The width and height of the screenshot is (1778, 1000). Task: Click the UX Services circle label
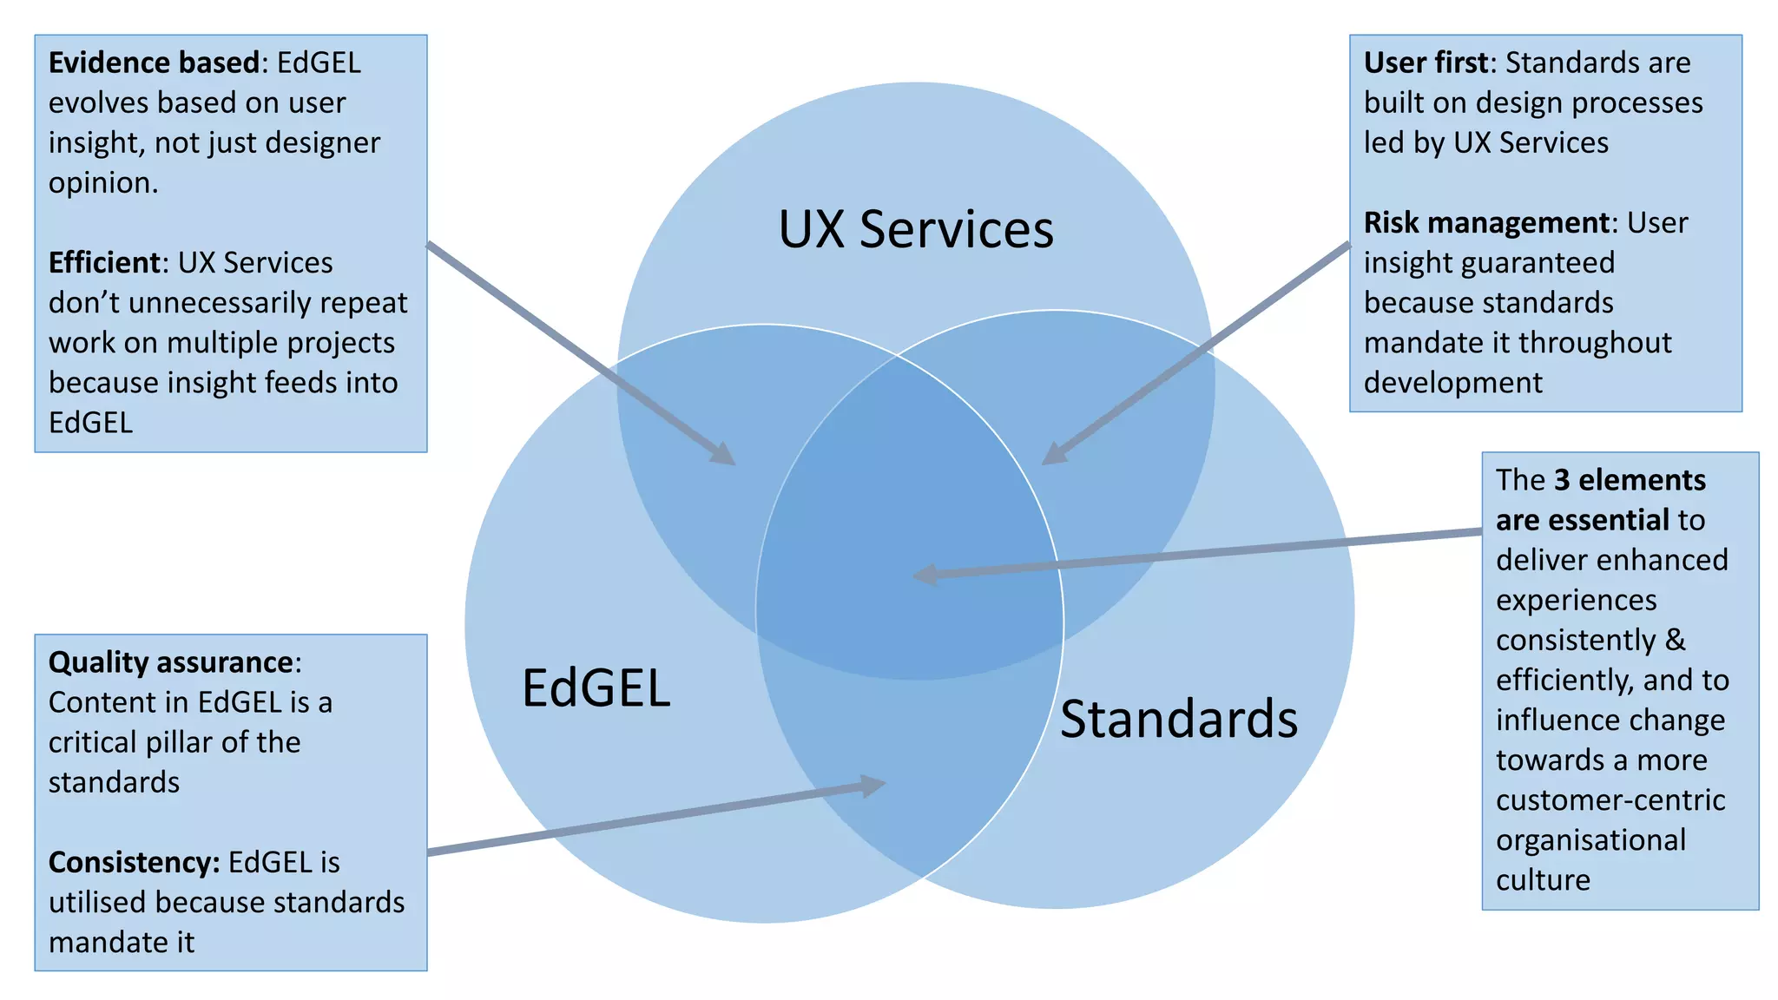click(916, 230)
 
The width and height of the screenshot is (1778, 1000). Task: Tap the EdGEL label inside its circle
click(596, 688)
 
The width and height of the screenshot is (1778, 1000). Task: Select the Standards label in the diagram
click(1178, 720)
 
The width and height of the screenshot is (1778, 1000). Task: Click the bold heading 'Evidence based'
click(154, 62)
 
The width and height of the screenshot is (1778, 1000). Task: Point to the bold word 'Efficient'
click(104, 262)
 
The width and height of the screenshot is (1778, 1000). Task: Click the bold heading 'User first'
click(1426, 62)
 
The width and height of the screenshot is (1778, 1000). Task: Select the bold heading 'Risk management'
click(1486, 222)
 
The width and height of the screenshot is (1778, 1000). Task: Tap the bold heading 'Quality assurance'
click(171, 662)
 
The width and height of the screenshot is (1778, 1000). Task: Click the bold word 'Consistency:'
click(135, 862)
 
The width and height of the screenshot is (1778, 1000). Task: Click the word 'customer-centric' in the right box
click(1610, 799)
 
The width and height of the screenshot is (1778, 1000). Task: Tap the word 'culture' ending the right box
click(1543, 879)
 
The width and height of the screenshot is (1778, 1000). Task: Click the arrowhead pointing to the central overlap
click(925, 575)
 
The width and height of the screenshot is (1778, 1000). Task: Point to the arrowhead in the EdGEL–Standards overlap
click(873, 785)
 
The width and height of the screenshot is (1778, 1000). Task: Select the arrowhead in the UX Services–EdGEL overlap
click(723, 454)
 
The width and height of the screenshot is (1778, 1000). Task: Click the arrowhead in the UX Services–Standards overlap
click(1054, 453)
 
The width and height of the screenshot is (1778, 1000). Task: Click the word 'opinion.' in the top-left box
click(103, 182)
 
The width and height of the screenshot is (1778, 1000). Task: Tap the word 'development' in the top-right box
click(1452, 382)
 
